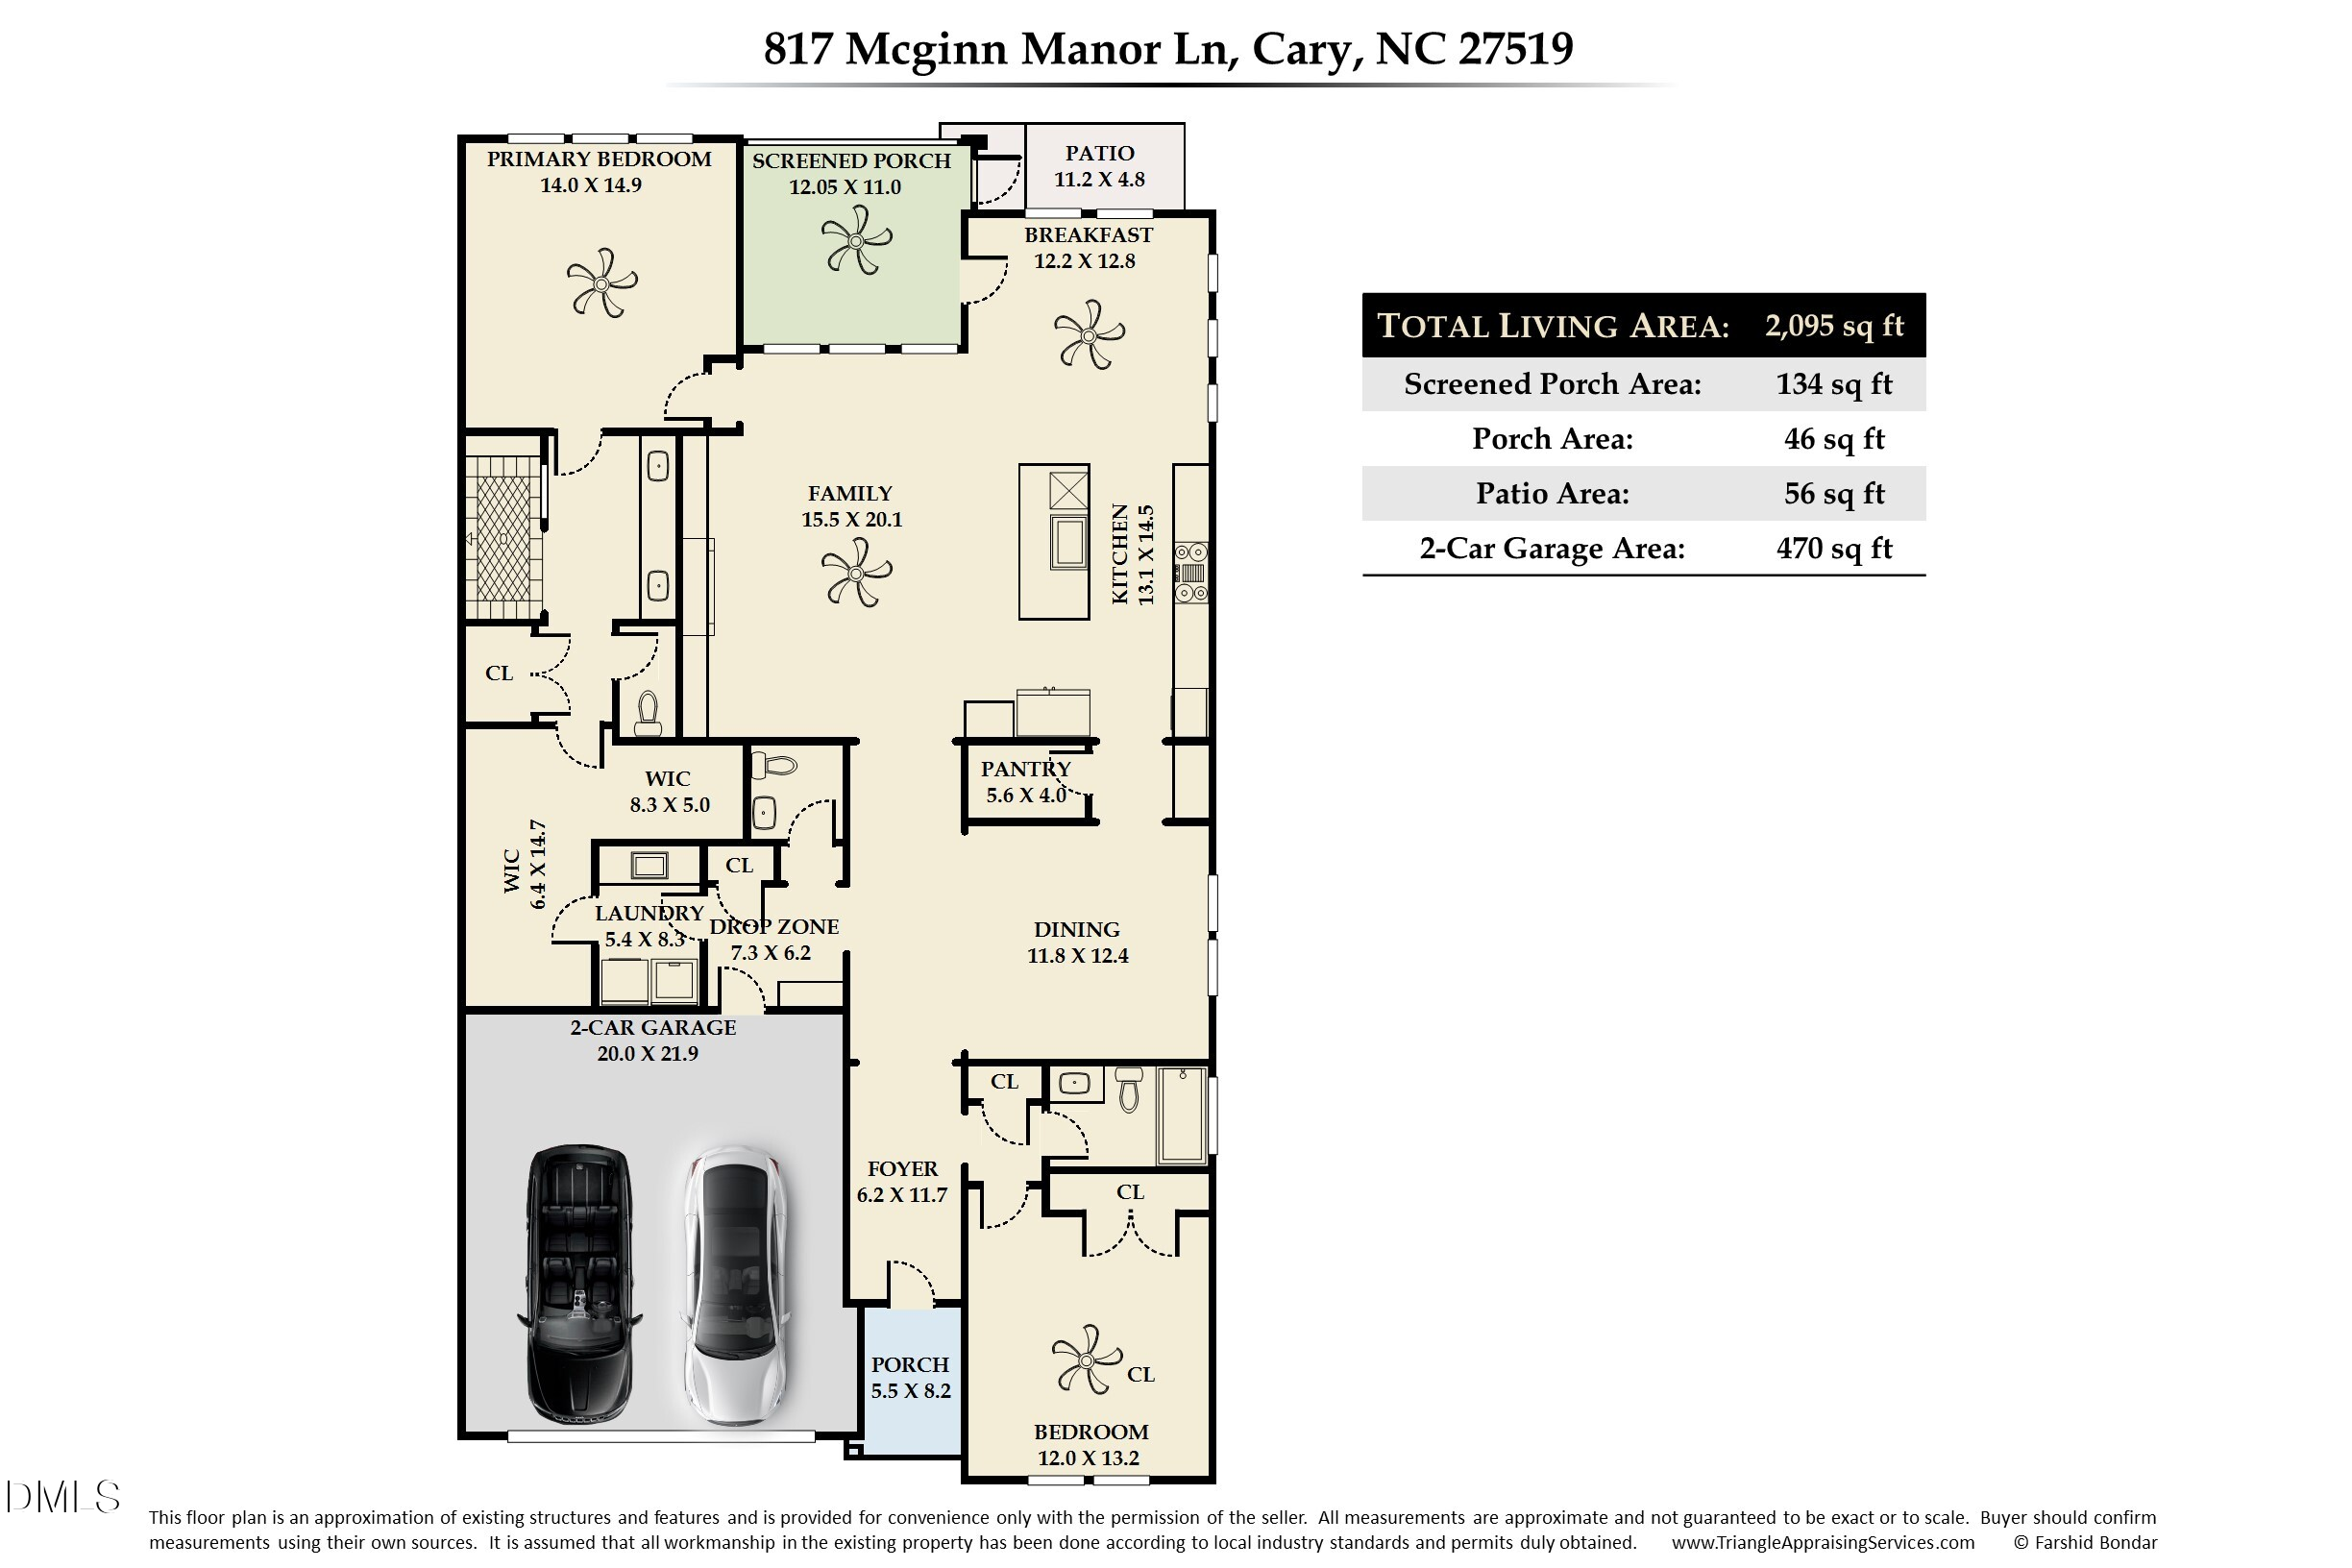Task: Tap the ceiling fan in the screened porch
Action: click(x=856, y=240)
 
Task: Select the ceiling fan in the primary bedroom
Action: click(x=601, y=283)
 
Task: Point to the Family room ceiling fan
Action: click(x=856, y=572)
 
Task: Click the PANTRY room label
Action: click(x=1025, y=769)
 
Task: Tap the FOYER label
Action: click(x=902, y=1169)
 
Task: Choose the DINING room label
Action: click(x=1076, y=930)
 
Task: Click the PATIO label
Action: click(x=1099, y=153)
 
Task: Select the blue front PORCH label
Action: click(x=910, y=1365)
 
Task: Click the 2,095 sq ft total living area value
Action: click(x=1834, y=326)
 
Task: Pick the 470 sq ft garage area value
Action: click(x=1834, y=548)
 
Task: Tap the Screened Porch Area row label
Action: click(x=1552, y=384)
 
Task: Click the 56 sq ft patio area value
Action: click(x=1834, y=493)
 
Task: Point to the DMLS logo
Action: click(x=62, y=1497)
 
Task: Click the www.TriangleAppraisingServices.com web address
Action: click(x=1823, y=1543)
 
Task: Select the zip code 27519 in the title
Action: click(x=1516, y=48)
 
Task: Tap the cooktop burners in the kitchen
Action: click(x=1191, y=573)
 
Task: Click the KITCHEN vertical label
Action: click(x=1120, y=554)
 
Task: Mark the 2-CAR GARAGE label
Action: click(x=653, y=1028)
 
